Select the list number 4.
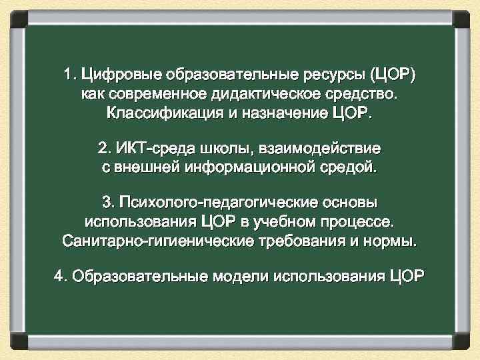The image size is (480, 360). (x=60, y=275)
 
